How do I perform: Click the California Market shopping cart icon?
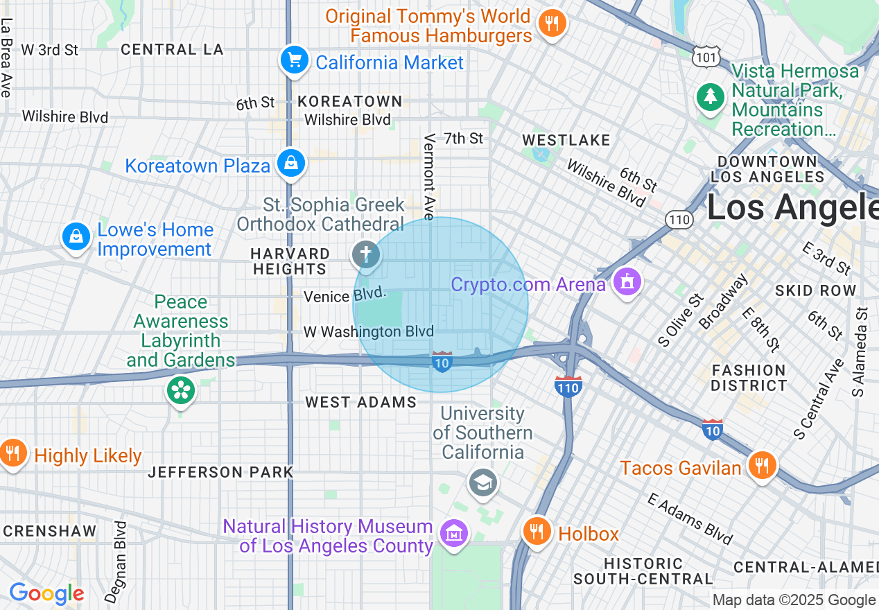point(295,60)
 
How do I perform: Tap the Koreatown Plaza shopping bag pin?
point(291,164)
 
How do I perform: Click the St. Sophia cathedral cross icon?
point(366,254)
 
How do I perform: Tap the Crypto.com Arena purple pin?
point(627,282)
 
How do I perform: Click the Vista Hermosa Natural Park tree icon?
point(711,96)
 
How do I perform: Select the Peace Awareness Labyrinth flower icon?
point(181,390)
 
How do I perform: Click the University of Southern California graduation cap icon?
point(482,482)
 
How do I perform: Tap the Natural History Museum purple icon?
point(454,533)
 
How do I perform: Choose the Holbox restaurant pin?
point(537,532)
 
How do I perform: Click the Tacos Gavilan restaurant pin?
point(762,464)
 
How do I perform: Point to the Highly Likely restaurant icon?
point(12,453)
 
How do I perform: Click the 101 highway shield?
point(706,57)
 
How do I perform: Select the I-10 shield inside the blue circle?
point(442,361)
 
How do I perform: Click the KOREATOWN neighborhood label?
point(350,101)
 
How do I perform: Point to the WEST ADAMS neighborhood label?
point(360,402)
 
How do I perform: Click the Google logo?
point(46,593)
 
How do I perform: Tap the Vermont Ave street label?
point(430,177)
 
